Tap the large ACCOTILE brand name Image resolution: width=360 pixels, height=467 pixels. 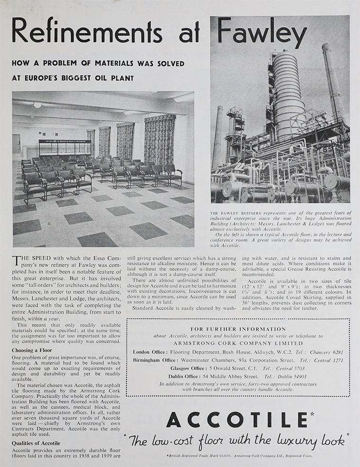point(236,419)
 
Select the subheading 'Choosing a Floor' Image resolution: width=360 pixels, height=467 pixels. point(32,350)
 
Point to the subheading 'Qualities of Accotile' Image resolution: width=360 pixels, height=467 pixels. point(36,443)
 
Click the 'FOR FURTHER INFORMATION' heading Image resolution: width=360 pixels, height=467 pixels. point(238,329)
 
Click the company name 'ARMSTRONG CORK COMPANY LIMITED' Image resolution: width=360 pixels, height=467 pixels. point(238,343)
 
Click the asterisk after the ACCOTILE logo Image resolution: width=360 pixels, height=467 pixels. point(311,414)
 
